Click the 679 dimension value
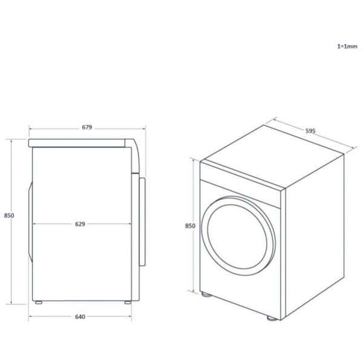pyautogui.click(x=87, y=127)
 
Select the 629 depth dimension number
pyautogui.click(x=80, y=223)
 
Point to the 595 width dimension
pyautogui.click(x=310, y=131)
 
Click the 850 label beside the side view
pyautogui.click(x=9, y=215)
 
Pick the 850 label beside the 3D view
pyautogui.click(x=190, y=226)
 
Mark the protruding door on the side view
pyautogui.click(x=143, y=220)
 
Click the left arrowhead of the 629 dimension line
pyautogui.click(x=33, y=223)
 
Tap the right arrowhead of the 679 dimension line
pyautogui.click(x=143, y=128)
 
